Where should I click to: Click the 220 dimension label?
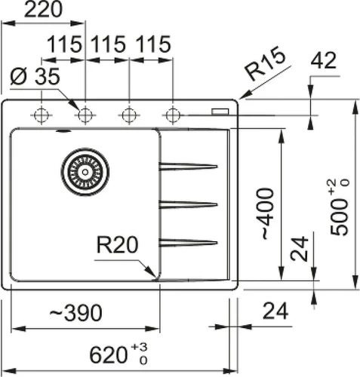tap(43, 10)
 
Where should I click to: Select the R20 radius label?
tap(118, 244)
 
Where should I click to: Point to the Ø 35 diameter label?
tap(35, 76)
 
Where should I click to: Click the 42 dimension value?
tap(323, 60)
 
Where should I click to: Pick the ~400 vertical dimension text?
tap(265, 213)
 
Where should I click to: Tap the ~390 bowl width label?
tap(75, 312)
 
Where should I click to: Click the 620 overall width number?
tap(108, 355)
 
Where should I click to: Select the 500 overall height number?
tap(340, 217)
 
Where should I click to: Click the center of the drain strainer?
tap(85, 172)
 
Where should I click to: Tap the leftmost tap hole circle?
tap(42, 115)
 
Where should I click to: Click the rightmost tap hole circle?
tap(173, 115)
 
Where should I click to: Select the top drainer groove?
tap(188, 167)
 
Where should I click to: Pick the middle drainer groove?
tap(188, 204)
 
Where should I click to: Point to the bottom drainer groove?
tap(188, 243)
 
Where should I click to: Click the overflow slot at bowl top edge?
tap(63, 130)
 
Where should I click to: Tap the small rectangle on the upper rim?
tap(220, 112)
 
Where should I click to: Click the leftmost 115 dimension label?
tap(65, 44)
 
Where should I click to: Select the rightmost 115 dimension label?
tap(153, 44)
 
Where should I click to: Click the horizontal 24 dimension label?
tap(275, 311)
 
